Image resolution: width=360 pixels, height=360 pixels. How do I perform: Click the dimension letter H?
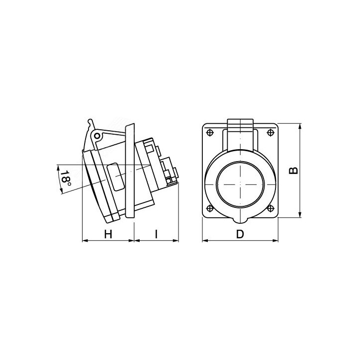click(x=107, y=234)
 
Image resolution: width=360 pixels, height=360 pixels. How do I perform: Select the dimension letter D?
click(x=240, y=234)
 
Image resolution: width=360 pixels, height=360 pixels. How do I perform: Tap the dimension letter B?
click(x=294, y=170)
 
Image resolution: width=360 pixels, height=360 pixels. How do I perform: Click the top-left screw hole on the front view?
click(x=209, y=133)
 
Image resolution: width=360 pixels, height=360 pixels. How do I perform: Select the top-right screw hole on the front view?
click(x=270, y=133)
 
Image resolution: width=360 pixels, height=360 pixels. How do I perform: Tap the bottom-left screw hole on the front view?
click(x=209, y=208)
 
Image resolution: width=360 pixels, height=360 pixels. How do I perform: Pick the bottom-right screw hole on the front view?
click(x=270, y=208)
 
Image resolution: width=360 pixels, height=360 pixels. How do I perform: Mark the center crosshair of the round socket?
click(x=240, y=183)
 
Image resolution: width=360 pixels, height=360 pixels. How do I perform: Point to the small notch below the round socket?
click(x=240, y=217)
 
